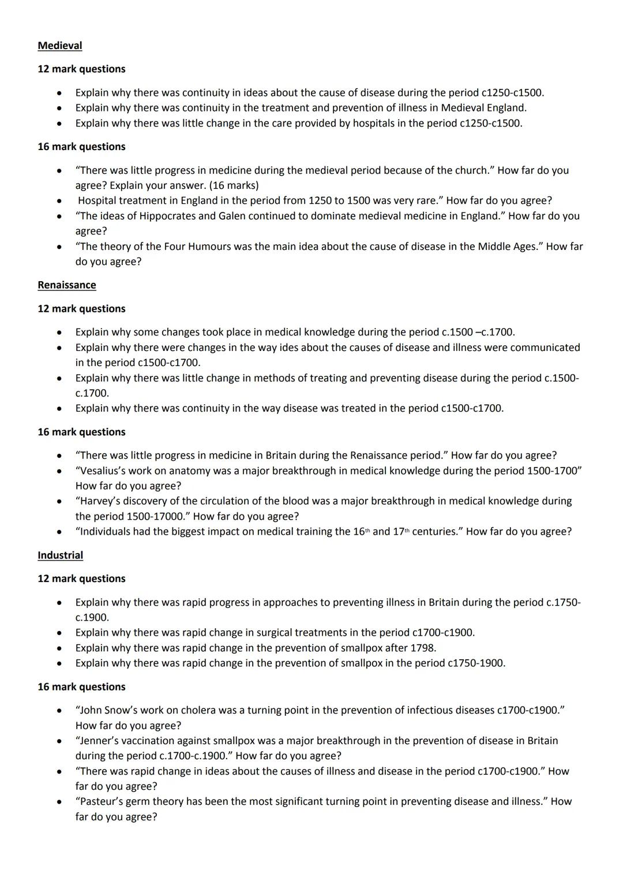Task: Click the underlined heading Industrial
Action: [60, 555]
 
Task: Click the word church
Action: [467, 170]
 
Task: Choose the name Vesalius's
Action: [106, 471]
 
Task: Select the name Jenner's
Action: [99, 741]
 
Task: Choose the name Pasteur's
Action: [102, 801]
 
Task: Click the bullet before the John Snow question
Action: [59, 711]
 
